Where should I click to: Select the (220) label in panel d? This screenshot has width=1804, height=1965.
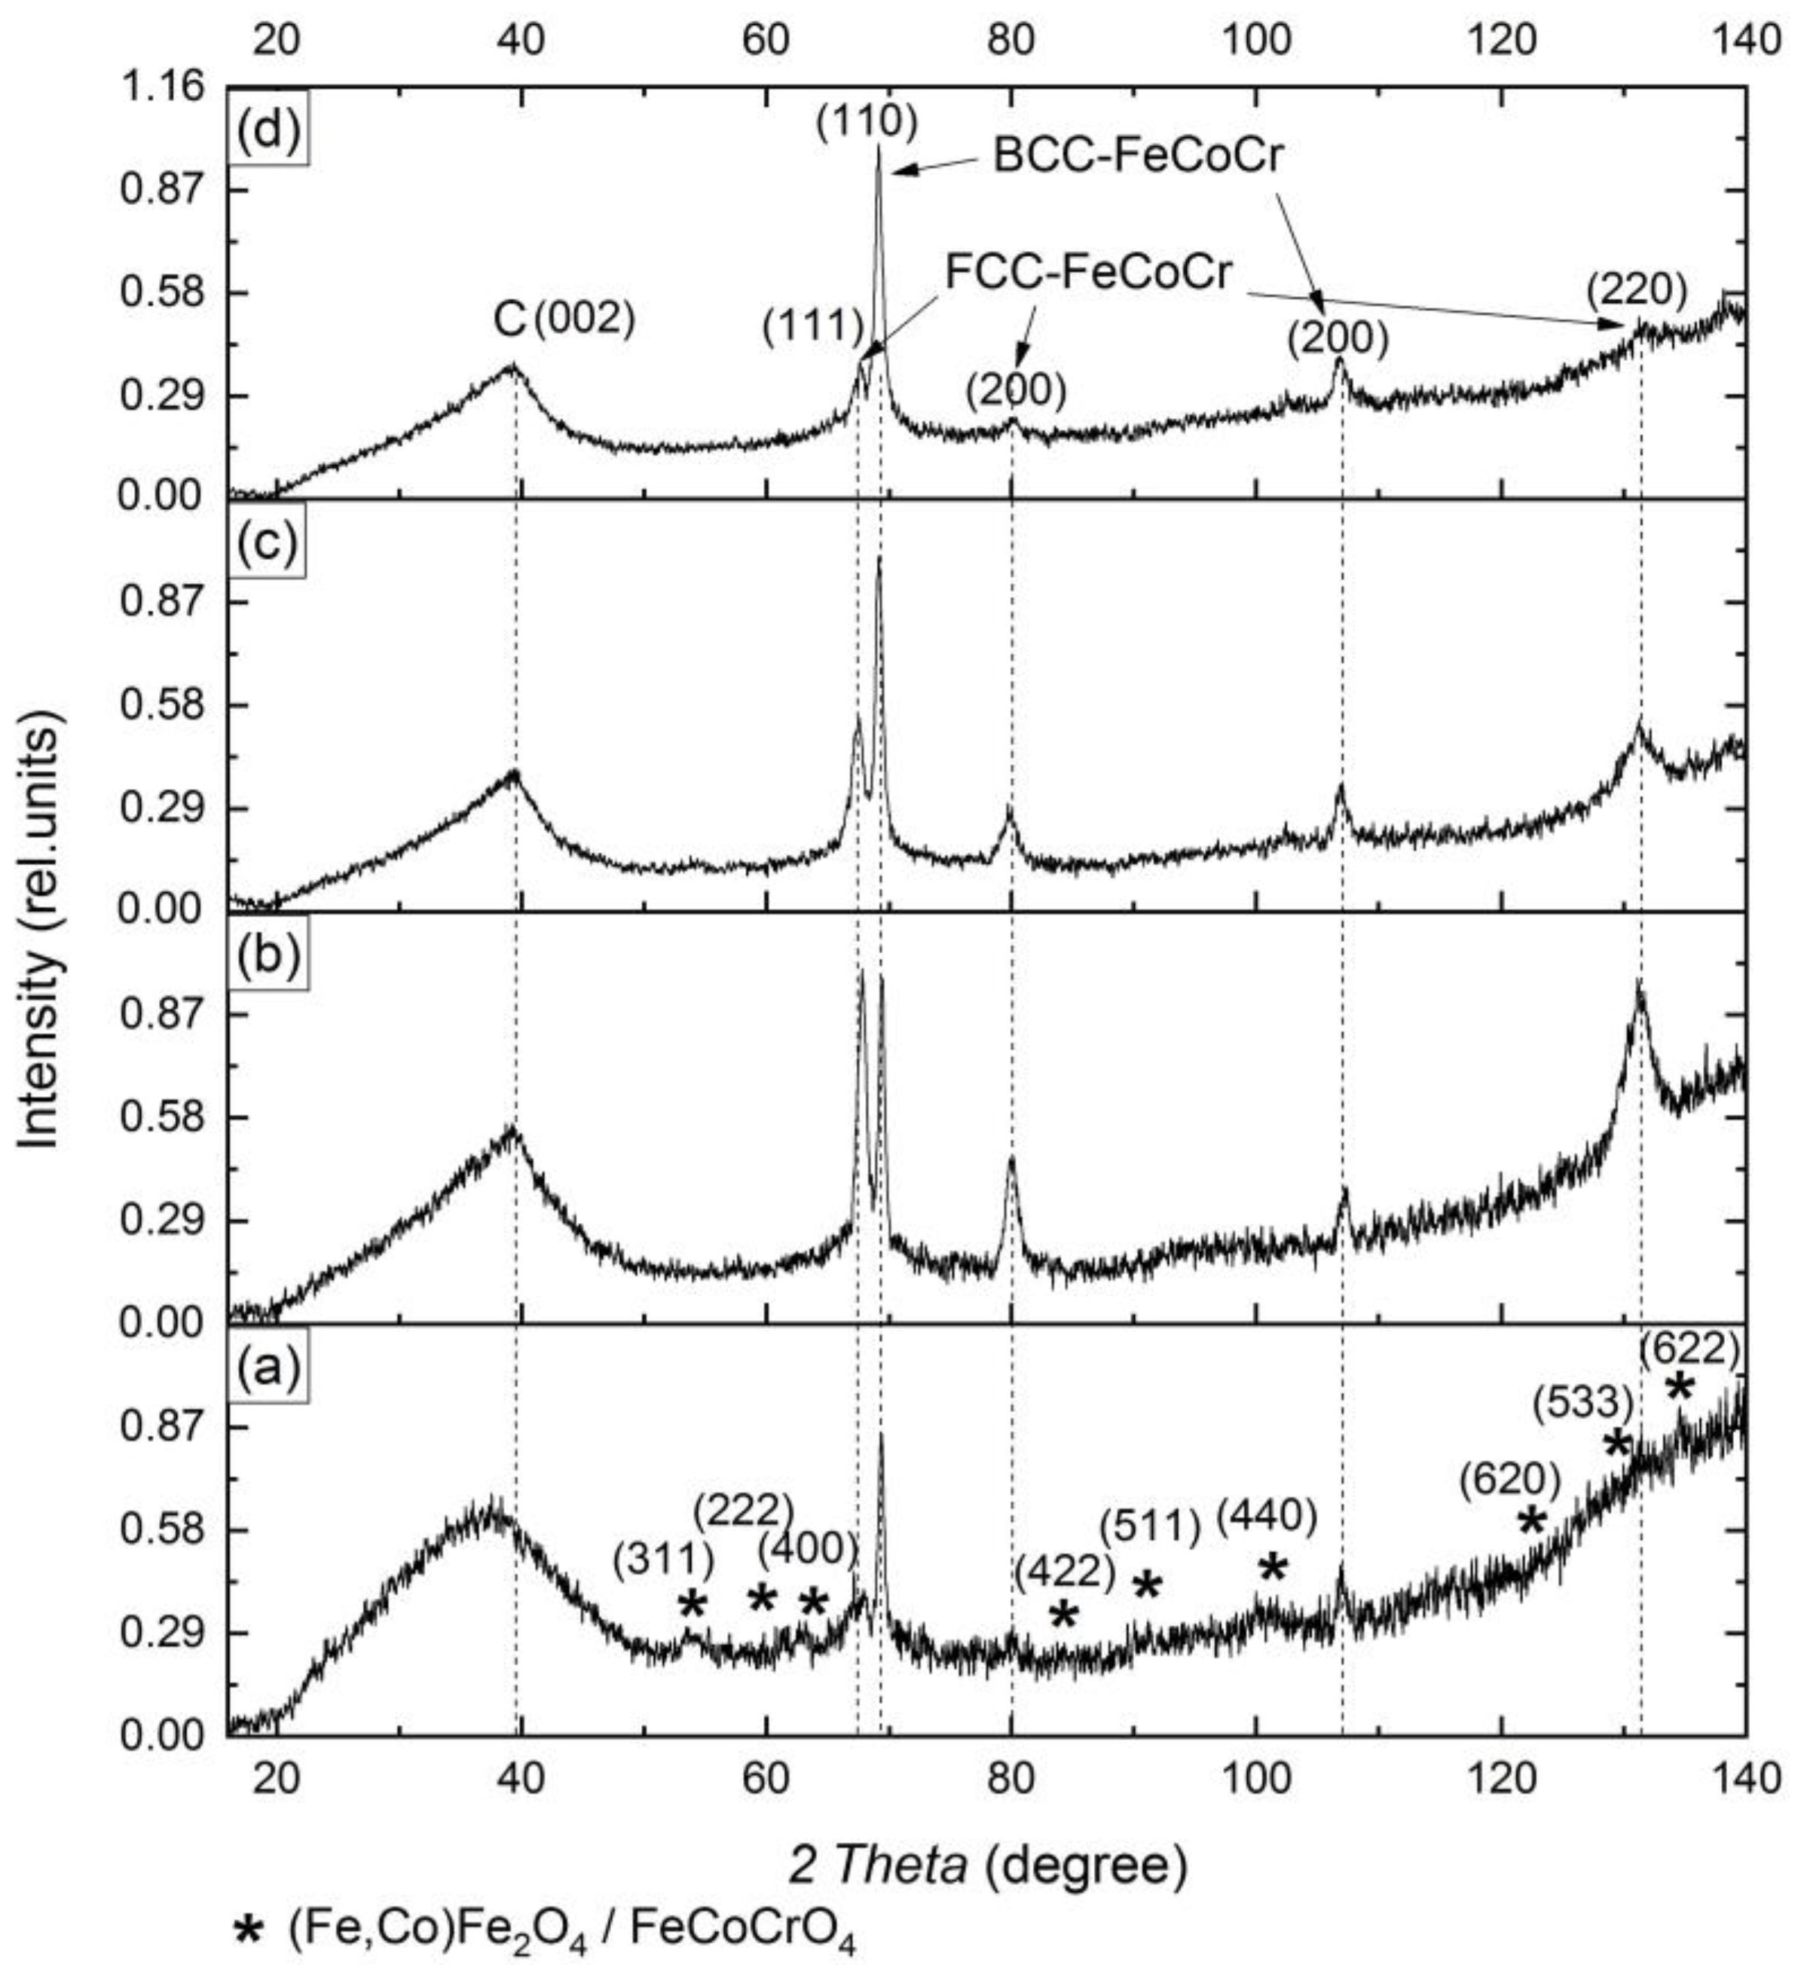coord(1636,290)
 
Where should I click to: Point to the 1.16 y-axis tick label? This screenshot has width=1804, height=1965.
coord(162,88)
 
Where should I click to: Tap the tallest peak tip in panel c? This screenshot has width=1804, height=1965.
coord(879,558)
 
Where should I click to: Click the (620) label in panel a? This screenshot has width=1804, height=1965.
coord(1509,1481)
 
